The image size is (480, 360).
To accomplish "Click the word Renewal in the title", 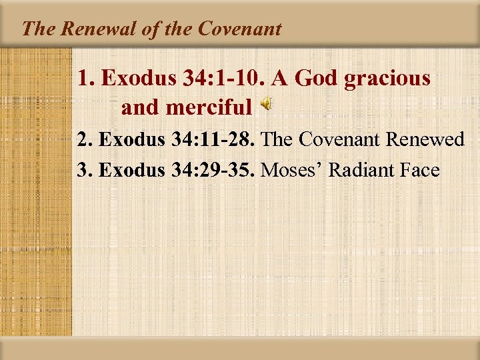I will point(86,29).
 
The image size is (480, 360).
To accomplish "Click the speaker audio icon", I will point(265,105).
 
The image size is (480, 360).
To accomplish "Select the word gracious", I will point(387,79).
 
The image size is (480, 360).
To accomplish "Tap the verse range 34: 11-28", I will point(213,140).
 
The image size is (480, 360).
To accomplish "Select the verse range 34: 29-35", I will point(213,170).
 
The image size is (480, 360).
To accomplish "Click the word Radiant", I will point(360,170).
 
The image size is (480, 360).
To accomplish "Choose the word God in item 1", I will point(317,79).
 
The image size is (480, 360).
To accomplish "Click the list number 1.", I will point(85,79).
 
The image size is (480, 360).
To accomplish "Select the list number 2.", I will point(83,140).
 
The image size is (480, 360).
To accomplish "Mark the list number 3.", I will point(83,170).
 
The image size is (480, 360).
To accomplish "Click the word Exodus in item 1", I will point(139,79).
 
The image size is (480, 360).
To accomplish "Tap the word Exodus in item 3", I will point(131,170).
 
